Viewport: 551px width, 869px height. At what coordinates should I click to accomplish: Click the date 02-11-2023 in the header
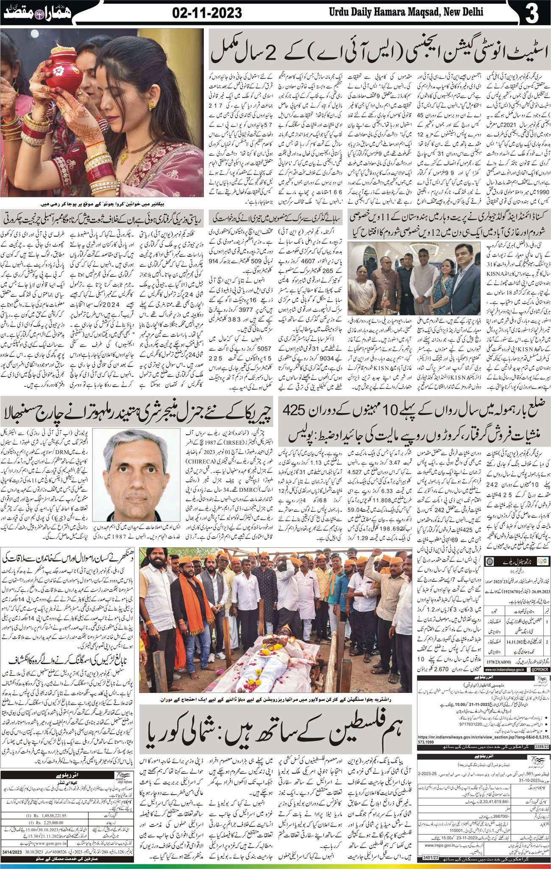point(207,13)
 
